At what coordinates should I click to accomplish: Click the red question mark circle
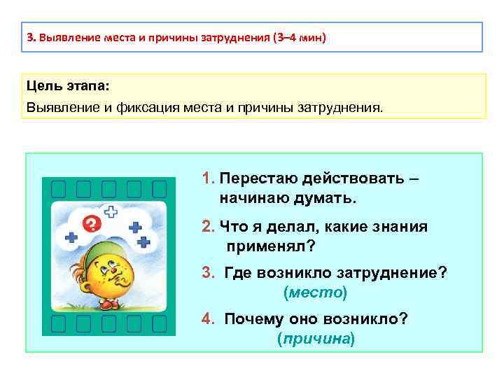[x=91, y=225]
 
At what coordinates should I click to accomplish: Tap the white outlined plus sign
[x=111, y=211]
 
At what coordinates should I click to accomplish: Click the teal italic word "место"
[x=315, y=291]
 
